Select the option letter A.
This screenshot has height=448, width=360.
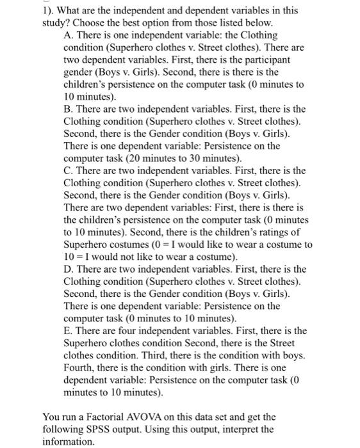(x=69, y=35)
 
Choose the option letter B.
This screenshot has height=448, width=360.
(x=69, y=109)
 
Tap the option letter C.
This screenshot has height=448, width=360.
(x=69, y=171)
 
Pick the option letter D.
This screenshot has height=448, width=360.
(x=69, y=269)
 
